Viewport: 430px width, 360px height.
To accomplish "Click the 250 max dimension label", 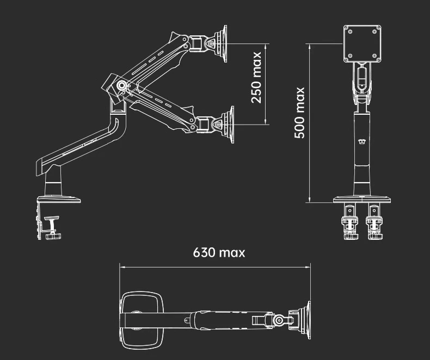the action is click(257, 77).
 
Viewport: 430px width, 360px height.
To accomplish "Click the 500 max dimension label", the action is click(300, 113).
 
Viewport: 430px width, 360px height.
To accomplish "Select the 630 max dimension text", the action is click(219, 252).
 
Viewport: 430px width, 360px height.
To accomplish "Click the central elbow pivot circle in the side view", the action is click(122, 85).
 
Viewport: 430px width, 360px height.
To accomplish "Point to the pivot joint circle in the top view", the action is click(279, 320).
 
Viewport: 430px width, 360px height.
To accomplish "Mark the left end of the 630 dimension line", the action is click(120, 266).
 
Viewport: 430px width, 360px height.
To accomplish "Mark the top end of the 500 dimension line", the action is click(309, 46).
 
